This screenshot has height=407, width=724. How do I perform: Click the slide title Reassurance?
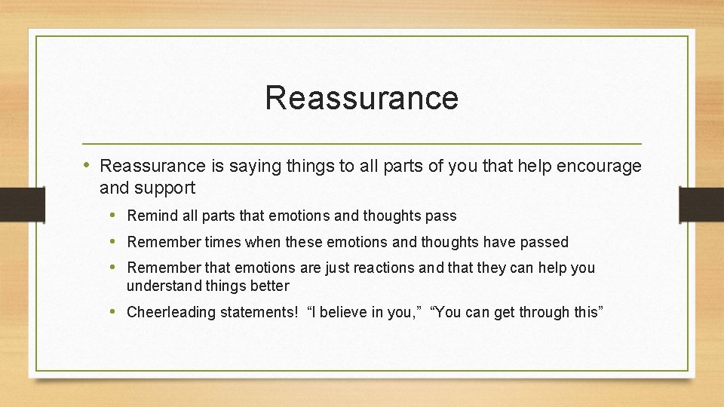[361, 98]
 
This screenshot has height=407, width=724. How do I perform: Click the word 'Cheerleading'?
[170, 312]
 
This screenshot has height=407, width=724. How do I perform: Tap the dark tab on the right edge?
[701, 203]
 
